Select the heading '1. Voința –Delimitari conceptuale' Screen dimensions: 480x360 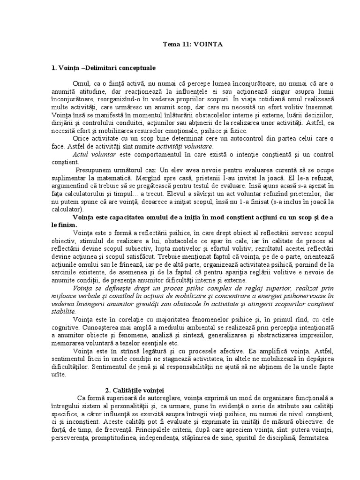103,67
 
